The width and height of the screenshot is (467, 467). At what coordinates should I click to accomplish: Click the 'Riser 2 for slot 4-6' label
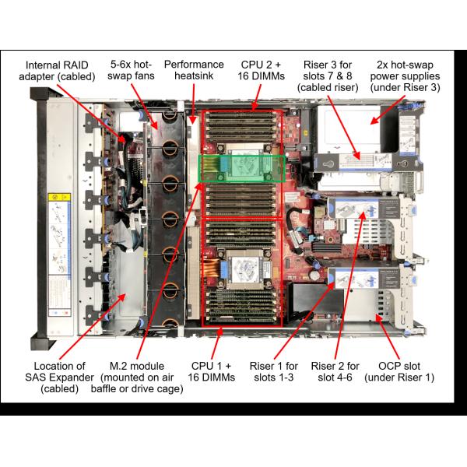(335, 371)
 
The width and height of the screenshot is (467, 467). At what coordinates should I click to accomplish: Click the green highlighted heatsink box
(241, 168)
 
